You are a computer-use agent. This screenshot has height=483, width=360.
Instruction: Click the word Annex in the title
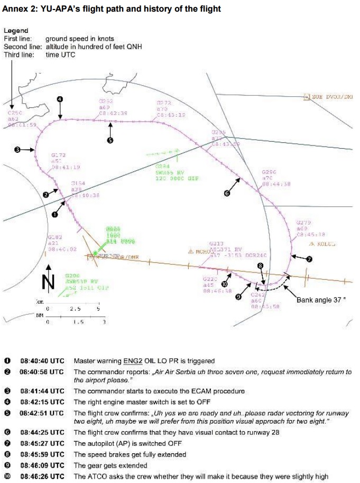coord(15,9)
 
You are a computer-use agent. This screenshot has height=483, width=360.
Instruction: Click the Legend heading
coord(16,31)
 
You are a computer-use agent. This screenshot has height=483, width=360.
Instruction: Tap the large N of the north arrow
coord(48,282)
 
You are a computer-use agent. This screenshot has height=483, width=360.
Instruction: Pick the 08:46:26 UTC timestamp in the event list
coord(42,476)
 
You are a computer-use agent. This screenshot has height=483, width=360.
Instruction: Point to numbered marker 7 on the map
coord(310,259)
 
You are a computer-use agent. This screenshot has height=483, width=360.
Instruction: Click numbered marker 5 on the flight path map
coord(110,140)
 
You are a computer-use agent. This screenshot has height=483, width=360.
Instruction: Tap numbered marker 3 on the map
coord(17,150)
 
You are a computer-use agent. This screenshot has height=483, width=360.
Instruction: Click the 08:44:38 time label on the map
coord(276,184)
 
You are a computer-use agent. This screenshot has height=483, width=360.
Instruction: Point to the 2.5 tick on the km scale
coord(76,308)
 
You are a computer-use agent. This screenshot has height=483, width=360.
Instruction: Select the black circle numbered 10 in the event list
coord(7,476)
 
